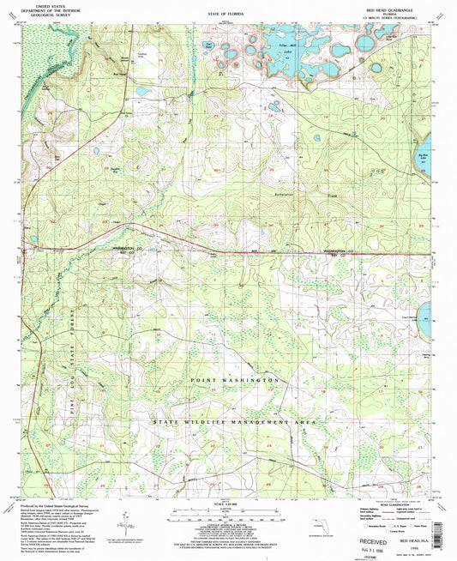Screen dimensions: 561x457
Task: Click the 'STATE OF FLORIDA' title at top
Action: [226, 15]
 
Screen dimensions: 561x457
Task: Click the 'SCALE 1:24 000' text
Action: [225, 504]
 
